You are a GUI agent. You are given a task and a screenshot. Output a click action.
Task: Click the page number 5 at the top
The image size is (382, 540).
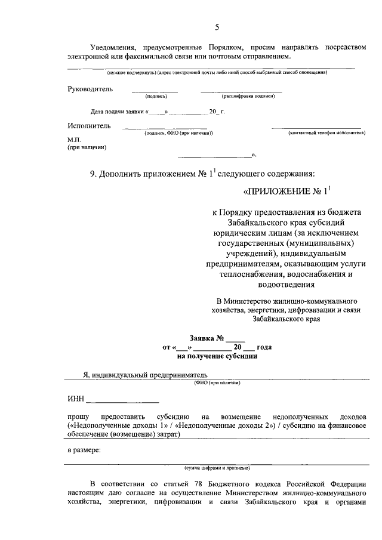(217, 27)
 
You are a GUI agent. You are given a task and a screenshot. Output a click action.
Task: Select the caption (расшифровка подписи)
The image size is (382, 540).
(241, 96)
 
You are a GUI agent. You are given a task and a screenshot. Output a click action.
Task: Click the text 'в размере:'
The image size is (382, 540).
(84, 450)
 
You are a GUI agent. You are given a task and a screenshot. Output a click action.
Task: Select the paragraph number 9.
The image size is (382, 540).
(93, 174)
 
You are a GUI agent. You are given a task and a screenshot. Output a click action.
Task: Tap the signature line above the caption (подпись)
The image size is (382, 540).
(155, 91)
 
